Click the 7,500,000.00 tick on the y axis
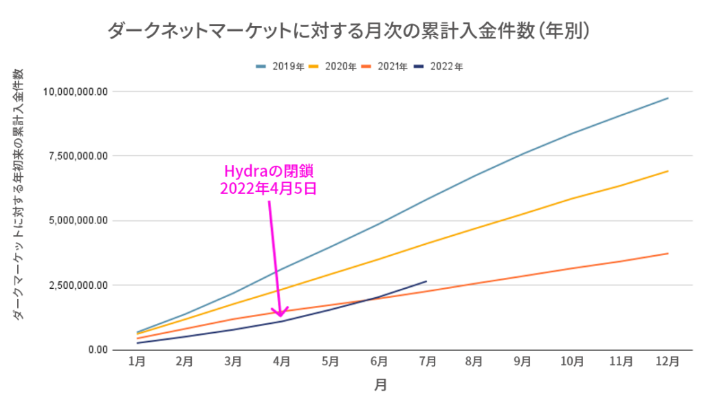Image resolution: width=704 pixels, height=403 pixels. [78, 156]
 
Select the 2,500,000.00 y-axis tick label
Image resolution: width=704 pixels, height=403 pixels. [78, 285]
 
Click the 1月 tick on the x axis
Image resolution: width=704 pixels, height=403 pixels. [137, 362]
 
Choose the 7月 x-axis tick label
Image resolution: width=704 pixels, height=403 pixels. [426, 362]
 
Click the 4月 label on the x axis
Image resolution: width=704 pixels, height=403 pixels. [282, 362]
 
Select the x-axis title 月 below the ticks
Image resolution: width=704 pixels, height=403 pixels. [380, 386]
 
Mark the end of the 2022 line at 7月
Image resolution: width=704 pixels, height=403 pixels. [426, 281]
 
